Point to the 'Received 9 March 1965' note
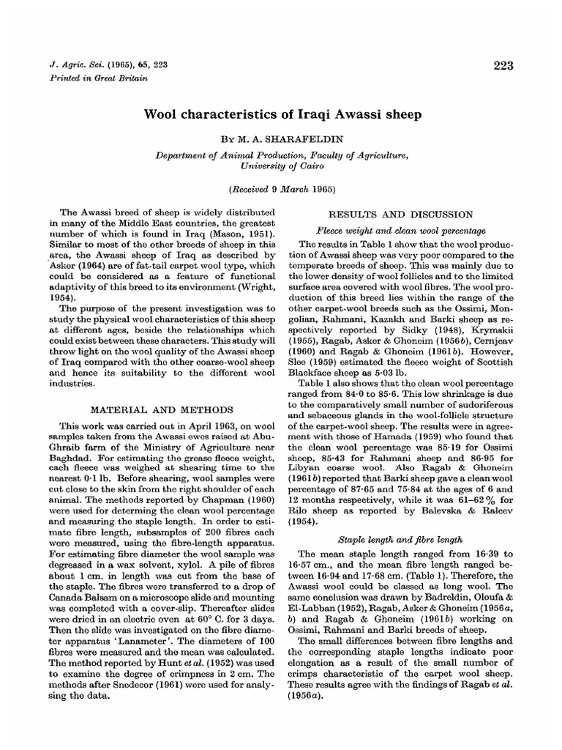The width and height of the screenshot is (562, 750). [281, 189]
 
